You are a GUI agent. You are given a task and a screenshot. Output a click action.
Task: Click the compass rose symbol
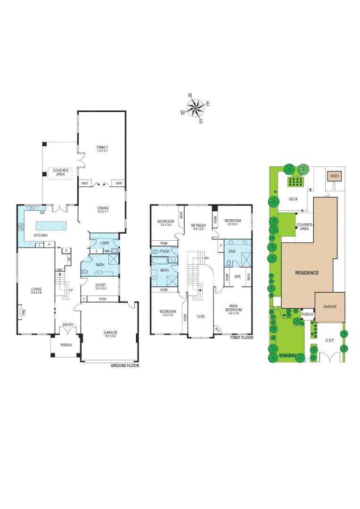[195, 108]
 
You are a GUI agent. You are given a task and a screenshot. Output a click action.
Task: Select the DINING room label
[102, 209]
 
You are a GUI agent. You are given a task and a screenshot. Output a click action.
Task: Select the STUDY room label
[100, 285]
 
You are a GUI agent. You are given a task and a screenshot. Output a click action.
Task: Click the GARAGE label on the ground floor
[110, 333]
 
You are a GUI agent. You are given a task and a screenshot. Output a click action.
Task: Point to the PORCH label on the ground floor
[65, 345]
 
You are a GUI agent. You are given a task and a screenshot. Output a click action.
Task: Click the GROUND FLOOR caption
[124, 366]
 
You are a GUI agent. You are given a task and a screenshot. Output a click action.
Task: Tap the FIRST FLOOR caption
[242, 338]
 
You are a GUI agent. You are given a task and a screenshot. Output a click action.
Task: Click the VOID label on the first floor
[201, 317]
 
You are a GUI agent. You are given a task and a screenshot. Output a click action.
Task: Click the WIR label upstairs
[237, 277]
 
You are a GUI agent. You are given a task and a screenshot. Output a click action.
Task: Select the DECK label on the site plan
[293, 199]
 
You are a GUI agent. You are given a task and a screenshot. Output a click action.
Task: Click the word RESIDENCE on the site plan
[307, 273]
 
